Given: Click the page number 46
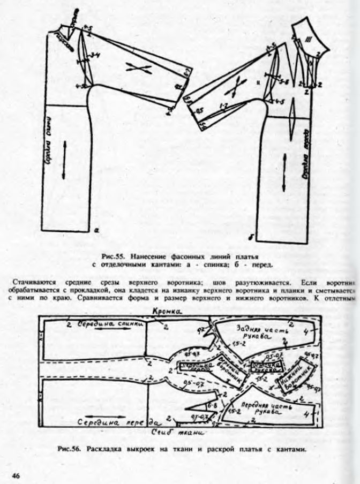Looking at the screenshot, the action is [16, 474].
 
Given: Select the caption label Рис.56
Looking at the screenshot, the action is [69, 449].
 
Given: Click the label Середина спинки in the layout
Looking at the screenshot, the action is [111, 325].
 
